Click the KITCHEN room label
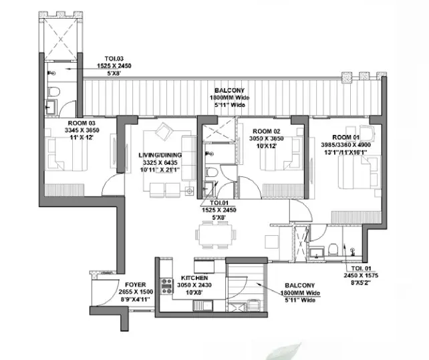pos(194,278)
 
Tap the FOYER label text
pos(136,285)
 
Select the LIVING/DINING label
pos(160,155)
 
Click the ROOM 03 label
pos(82,123)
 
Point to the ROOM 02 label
pos(267,132)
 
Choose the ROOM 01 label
pos(346,138)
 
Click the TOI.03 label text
pos(114,59)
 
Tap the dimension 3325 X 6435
pos(160,162)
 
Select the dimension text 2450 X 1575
pos(361,275)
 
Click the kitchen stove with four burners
pos(166,286)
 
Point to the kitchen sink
pos(203,305)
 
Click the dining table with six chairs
pos(216,234)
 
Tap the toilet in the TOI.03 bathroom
pos(54,92)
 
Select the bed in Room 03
pos(66,154)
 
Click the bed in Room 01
pos(360,172)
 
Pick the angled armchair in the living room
pos(164,132)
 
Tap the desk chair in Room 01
pos(366,132)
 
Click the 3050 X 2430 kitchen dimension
pos(194,285)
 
